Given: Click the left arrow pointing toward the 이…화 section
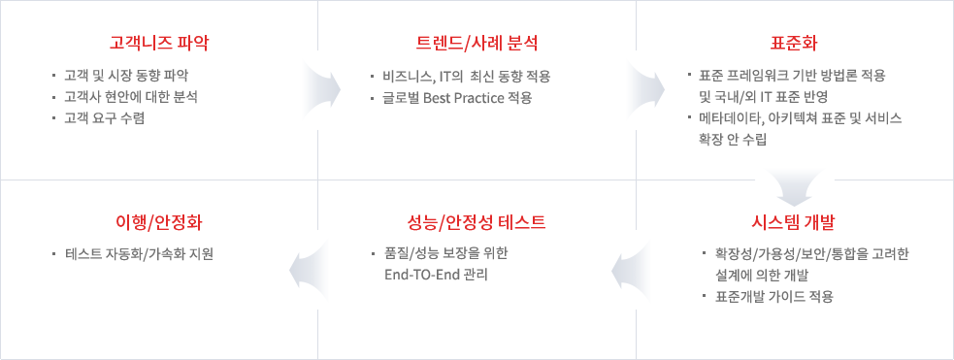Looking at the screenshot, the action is [314, 270].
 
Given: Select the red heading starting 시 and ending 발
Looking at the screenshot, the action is [794, 222].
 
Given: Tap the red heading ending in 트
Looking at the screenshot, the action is [477, 222].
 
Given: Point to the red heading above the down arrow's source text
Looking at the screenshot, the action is [794, 43].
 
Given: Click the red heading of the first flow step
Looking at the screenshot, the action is [160, 43].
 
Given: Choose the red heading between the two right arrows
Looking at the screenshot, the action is [477, 43].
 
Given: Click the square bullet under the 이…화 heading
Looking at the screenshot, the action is [53, 255].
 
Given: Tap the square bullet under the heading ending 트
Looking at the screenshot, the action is [372, 255].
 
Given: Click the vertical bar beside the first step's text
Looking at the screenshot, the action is [53, 95].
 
